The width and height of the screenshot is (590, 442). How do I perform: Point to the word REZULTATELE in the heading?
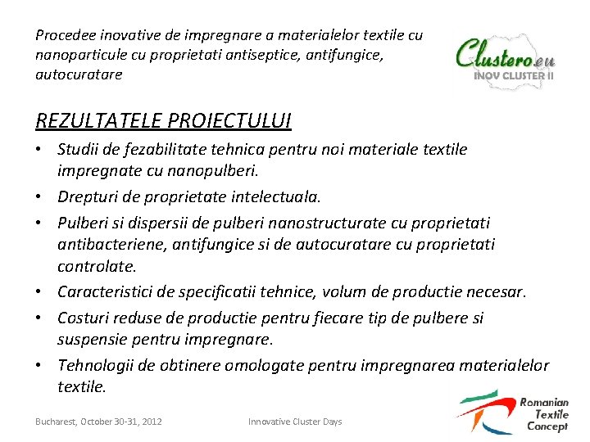[99, 120]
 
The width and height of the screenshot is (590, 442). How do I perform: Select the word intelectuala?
[278, 196]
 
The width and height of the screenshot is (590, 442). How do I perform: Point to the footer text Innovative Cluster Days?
[295, 422]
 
